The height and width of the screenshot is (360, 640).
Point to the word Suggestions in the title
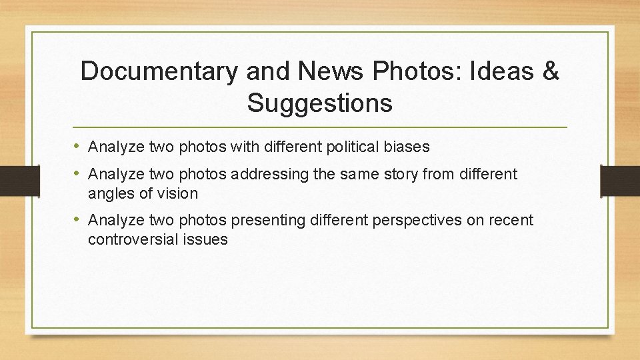coord(319,103)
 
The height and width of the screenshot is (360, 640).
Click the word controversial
coord(134,239)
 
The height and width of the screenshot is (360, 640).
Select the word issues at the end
coord(207,239)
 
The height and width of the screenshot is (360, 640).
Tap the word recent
coord(512,220)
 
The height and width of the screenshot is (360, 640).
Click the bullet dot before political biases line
coord(77,145)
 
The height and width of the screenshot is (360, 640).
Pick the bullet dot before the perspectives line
coord(77,219)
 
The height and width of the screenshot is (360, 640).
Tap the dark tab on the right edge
coord(620,181)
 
